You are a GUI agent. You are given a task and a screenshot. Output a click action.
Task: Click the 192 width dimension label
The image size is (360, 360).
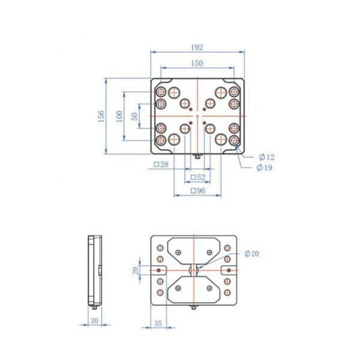(x=197, y=47)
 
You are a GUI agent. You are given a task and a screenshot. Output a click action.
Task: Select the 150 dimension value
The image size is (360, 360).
(x=197, y=63)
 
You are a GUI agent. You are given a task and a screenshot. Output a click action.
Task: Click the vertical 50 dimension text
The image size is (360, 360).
(x=135, y=116)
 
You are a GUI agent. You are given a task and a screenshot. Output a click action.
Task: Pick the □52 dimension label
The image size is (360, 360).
(x=197, y=178)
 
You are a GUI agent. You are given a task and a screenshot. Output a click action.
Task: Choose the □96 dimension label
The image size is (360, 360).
(x=197, y=191)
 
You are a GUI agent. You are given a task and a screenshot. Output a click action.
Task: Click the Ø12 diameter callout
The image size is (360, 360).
(x=266, y=157)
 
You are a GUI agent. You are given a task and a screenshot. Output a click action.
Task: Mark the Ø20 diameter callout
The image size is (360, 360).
(x=252, y=254)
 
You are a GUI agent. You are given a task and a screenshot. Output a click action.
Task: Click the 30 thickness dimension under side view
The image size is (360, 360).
(x=94, y=322)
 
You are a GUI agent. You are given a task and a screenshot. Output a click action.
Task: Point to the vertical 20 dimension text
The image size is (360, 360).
(x=136, y=271)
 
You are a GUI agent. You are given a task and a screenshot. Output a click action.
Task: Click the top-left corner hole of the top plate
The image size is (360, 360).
(x=161, y=92)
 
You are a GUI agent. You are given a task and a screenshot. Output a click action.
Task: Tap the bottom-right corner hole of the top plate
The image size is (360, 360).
(x=235, y=140)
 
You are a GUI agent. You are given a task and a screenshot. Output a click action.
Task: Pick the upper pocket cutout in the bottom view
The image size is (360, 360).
(x=195, y=251)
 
